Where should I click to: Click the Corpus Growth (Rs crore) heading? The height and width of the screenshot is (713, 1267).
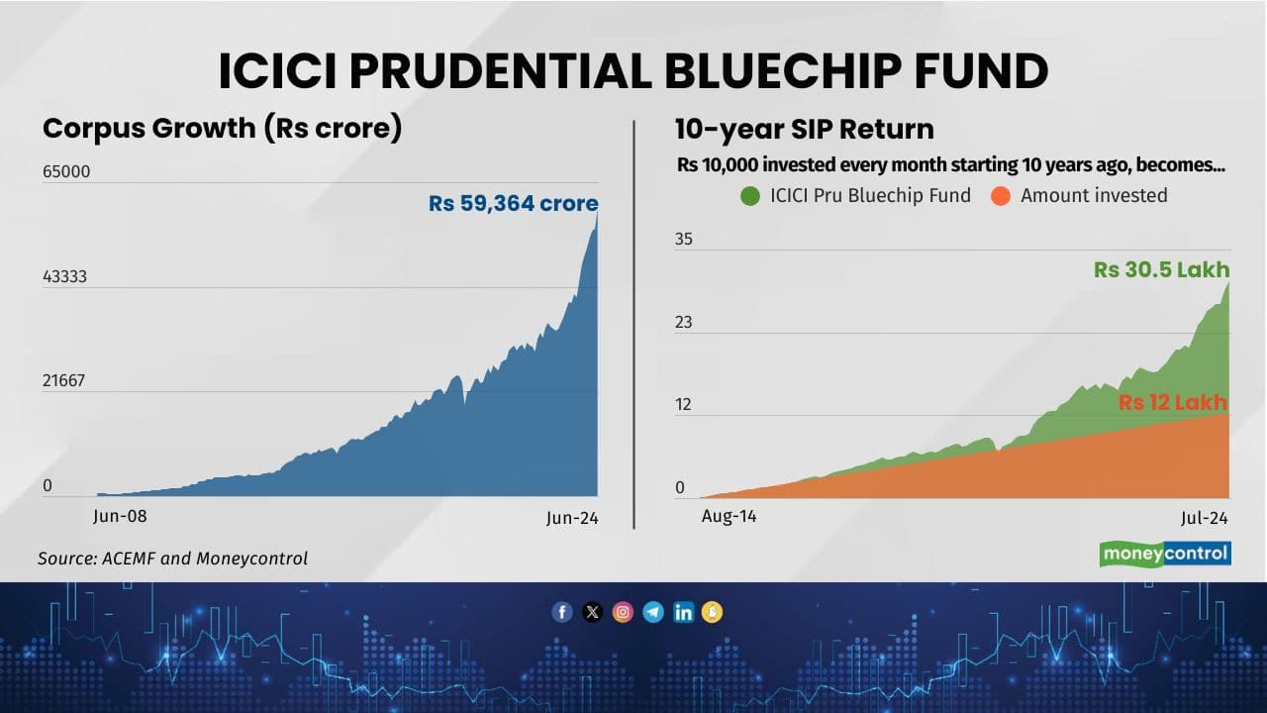coord(222,129)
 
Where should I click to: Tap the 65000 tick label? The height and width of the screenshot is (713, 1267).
coord(65,171)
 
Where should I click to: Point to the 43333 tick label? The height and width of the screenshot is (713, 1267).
coord(64,276)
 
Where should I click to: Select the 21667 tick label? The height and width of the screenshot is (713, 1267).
coord(64,381)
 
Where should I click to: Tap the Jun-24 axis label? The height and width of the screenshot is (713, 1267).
coord(573,518)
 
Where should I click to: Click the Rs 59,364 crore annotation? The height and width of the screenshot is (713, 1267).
coord(513,204)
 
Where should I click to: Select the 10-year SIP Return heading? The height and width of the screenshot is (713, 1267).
coord(804,129)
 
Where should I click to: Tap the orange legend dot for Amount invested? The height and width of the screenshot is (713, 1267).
coord(1000,195)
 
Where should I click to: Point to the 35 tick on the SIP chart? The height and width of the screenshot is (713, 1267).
coord(684,239)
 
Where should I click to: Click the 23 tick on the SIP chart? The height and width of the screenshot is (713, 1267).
coord(684,322)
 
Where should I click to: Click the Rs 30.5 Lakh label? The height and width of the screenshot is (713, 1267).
coord(1161,269)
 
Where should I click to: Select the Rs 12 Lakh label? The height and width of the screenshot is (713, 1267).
coord(1172,402)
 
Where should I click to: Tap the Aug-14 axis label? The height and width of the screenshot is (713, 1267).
coord(729,516)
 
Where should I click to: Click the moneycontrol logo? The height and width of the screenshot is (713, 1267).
coord(1165,554)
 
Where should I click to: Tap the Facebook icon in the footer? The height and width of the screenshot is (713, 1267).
coord(561,612)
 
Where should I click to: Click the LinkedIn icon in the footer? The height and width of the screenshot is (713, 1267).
coord(683,612)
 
